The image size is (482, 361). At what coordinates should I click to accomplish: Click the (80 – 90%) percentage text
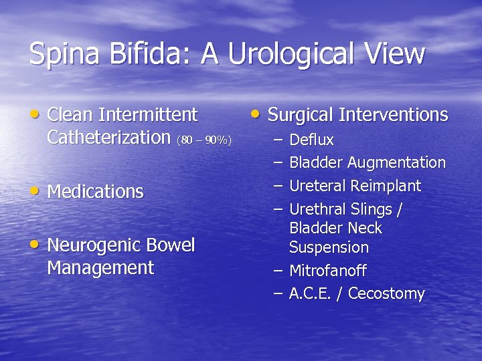pyautogui.click(x=204, y=140)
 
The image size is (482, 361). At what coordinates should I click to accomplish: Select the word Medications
pyautogui.click(x=96, y=192)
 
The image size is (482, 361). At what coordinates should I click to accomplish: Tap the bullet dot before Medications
pyautogui.click(x=36, y=190)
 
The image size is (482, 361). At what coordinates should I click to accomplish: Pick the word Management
pyautogui.click(x=100, y=269)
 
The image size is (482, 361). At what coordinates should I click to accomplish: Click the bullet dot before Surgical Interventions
pyautogui.click(x=256, y=113)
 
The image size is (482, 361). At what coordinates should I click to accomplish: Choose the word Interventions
pyautogui.click(x=393, y=115)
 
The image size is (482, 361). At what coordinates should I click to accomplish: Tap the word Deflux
pyautogui.click(x=311, y=140)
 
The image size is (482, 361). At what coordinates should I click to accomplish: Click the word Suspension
pyautogui.click(x=329, y=248)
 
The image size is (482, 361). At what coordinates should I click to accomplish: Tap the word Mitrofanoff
pyautogui.click(x=327, y=271)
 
